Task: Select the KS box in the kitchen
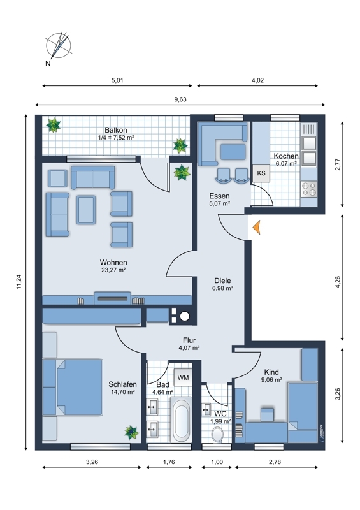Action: coord(261,173)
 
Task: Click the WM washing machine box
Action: coord(183,377)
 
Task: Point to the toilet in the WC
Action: coord(217,434)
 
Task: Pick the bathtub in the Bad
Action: coord(181,419)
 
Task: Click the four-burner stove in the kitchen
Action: coord(309,189)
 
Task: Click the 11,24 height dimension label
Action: coord(18,282)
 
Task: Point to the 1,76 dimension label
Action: coord(169,462)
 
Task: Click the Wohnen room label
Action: coord(113,262)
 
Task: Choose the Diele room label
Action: coord(222,280)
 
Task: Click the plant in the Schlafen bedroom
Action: coord(132,432)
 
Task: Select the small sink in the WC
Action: coord(206,409)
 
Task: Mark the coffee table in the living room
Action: coord(86,210)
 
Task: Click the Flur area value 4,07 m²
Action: coord(189,347)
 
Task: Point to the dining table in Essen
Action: coord(233,152)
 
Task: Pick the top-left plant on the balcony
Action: coord(53,125)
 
